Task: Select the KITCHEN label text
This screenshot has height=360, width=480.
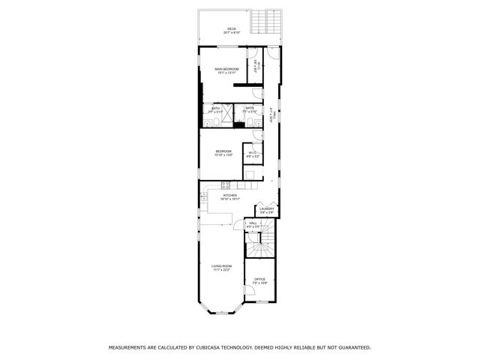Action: click(228, 195)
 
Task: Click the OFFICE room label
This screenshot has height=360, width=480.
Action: click(259, 279)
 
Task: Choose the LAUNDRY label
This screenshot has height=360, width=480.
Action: click(267, 209)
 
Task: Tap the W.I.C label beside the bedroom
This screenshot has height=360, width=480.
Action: click(253, 153)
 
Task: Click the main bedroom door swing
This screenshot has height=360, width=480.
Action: click(256, 92)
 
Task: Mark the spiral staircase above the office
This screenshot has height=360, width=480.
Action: click(261, 243)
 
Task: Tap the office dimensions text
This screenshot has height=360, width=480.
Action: click(259, 283)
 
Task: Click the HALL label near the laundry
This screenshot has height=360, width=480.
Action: click(253, 222)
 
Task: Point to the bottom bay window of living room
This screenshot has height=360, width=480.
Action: click(220, 308)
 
